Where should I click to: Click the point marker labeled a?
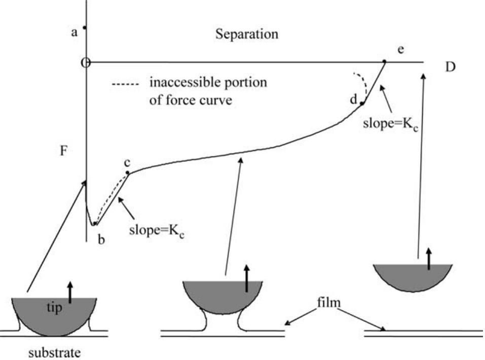pos(85,27)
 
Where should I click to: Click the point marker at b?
pos(95,224)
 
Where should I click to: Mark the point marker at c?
pos(128,173)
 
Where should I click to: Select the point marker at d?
pos(362,103)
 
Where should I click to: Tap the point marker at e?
pos(384,61)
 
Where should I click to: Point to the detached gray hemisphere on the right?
pos(412,277)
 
